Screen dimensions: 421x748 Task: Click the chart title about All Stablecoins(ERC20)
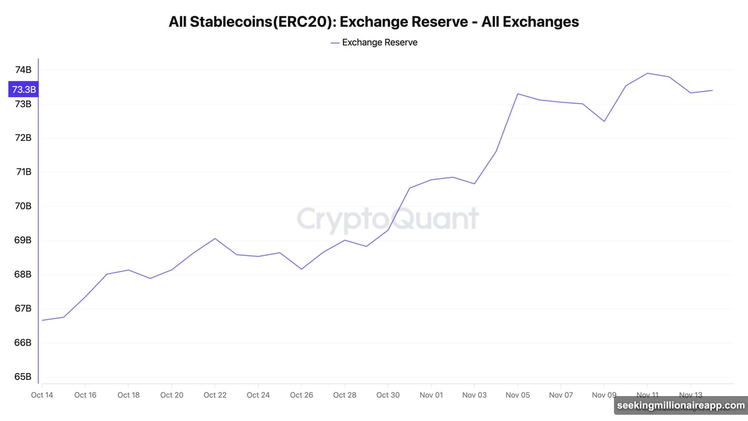click(x=373, y=22)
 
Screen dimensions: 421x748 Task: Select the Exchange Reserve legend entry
click(x=374, y=42)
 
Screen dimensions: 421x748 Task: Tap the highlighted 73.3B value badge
click(x=24, y=89)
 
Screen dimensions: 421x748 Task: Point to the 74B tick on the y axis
click(x=23, y=70)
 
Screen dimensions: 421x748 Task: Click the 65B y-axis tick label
click(x=23, y=377)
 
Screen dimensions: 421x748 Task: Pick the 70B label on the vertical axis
click(x=23, y=206)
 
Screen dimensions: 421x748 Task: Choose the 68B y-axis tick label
click(x=23, y=274)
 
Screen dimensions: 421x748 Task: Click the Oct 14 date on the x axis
click(x=42, y=395)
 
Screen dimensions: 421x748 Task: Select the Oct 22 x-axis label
click(x=214, y=395)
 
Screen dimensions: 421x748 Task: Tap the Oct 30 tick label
click(x=388, y=395)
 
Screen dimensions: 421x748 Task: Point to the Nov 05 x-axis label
click(x=517, y=395)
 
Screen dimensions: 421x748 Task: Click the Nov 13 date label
click(x=690, y=395)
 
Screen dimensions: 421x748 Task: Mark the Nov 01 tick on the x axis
click(x=431, y=395)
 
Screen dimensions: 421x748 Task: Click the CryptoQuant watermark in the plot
click(x=388, y=219)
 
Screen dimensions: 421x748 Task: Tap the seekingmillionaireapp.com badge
click(x=680, y=405)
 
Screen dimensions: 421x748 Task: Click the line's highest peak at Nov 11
click(x=648, y=73)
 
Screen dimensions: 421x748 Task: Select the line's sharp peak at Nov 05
click(x=517, y=94)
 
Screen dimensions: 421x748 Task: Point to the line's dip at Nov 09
click(x=604, y=121)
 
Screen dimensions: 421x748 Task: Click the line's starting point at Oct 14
click(x=42, y=321)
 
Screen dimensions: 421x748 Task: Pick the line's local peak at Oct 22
click(x=214, y=238)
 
